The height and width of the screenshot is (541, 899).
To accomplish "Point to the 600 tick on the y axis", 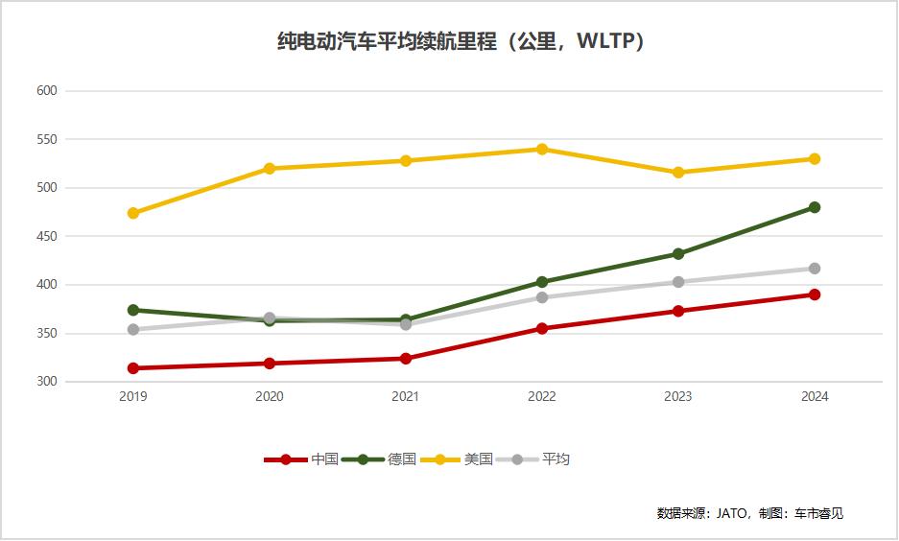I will (47, 91).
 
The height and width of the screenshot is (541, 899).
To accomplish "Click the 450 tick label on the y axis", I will (47, 236).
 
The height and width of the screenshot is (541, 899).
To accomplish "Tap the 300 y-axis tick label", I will (47, 382).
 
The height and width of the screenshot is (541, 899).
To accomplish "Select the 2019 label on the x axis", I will (133, 397).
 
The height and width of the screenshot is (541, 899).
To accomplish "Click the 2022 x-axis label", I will (542, 397).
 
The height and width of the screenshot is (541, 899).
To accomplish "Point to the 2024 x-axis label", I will (815, 397).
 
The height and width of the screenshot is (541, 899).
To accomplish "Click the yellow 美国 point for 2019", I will (133, 213).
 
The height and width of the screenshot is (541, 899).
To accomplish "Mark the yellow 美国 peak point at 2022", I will (542, 149).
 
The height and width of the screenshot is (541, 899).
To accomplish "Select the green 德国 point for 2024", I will (815, 207).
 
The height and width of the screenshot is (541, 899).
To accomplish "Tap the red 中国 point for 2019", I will (133, 368).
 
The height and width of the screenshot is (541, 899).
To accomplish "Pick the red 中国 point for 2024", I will (815, 294).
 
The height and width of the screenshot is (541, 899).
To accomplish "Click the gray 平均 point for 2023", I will (678, 282).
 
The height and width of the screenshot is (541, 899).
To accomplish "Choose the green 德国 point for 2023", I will (678, 254).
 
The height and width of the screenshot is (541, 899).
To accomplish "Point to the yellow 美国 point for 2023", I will (678, 173).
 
